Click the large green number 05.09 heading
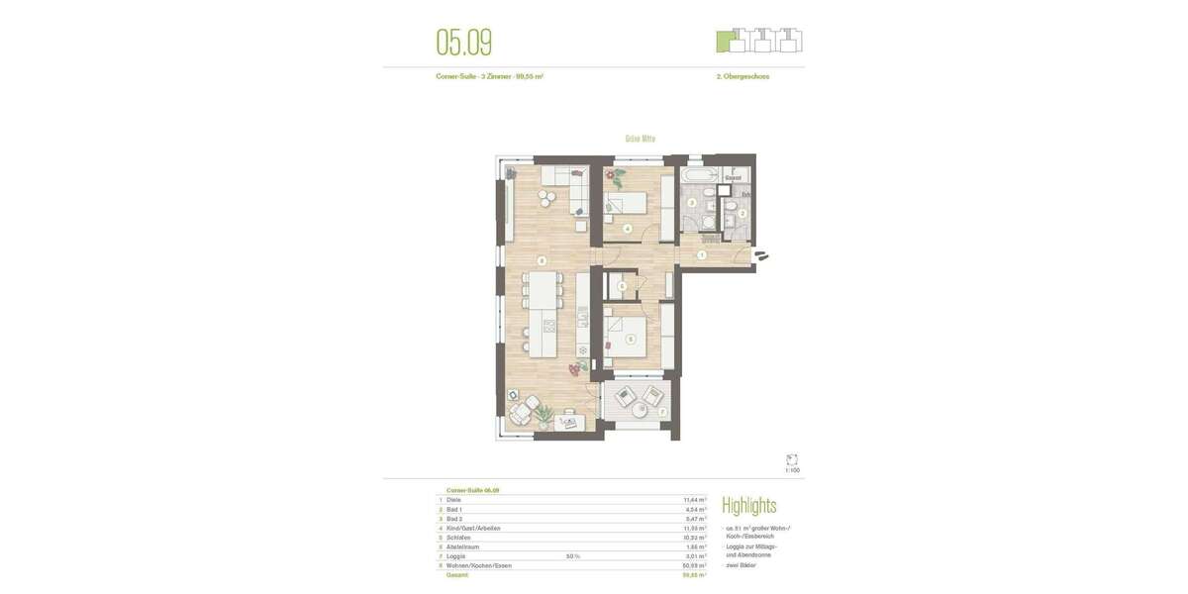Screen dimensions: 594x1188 463,43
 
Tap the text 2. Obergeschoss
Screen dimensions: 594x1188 742,76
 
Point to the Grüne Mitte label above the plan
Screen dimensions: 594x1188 640,140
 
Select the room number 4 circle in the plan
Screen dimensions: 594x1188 627,229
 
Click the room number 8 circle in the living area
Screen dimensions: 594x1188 541,261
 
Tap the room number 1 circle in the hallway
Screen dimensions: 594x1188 701,255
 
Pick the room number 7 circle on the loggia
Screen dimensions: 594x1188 662,412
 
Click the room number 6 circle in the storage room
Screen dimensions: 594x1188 621,287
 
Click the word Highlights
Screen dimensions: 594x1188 748,506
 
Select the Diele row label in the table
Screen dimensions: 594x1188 453,500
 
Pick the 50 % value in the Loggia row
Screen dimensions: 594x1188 572,556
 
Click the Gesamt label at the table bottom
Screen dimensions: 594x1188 456,575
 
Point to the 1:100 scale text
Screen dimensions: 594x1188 792,470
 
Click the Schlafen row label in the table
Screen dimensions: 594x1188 458,538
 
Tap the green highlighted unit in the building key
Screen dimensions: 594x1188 728,43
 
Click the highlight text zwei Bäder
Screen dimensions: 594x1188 741,565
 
